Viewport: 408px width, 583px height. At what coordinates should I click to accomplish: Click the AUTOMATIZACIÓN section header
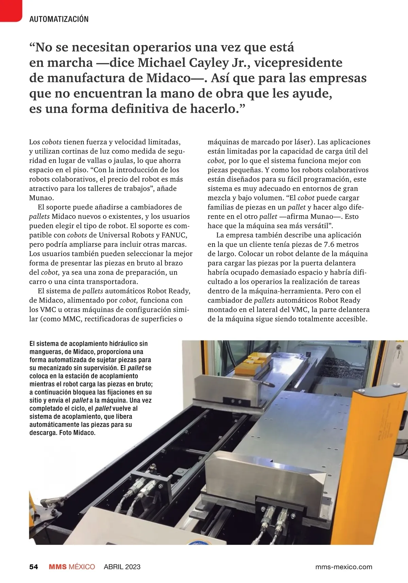(x=59, y=19)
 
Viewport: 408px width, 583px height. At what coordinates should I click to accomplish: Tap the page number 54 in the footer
(x=33, y=567)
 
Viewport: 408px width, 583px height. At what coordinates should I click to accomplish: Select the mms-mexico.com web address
(x=344, y=567)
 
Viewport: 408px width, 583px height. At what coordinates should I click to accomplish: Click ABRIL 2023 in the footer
(x=122, y=567)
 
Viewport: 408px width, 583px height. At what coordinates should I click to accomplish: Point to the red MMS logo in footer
(x=57, y=567)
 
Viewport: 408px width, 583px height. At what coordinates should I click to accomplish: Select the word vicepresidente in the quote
(x=298, y=63)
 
